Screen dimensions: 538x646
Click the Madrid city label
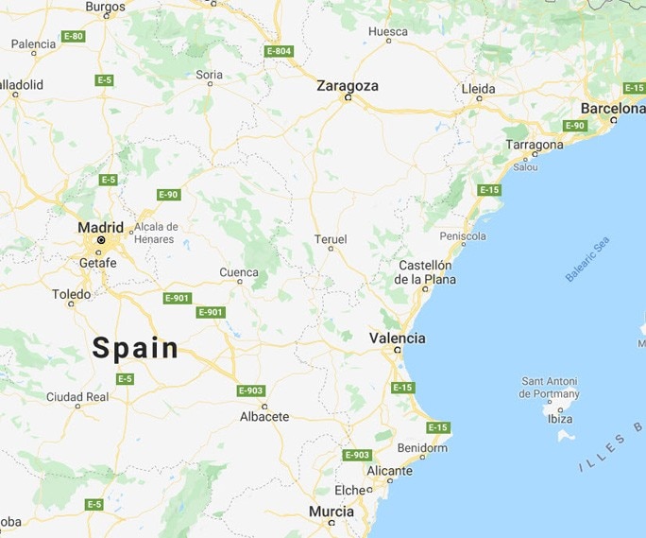(x=100, y=227)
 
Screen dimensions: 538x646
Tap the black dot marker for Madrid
(x=100, y=241)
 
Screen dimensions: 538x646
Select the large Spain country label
(x=135, y=348)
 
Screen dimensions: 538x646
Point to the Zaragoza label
(x=348, y=85)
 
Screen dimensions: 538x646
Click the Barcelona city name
(x=612, y=108)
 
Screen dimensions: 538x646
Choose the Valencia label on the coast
(x=397, y=338)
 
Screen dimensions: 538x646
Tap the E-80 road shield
(x=73, y=36)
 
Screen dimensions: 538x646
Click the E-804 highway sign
(x=279, y=50)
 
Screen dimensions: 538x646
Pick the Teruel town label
(x=331, y=239)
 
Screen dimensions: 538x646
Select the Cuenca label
(x=238, y=272)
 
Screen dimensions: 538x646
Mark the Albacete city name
(x=264, y=416)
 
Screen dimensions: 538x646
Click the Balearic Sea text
(x=588, y=259)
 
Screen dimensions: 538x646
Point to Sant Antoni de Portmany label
(x=551, y=388)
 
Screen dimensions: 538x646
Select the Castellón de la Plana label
(x=425, y=272)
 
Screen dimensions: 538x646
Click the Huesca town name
(x=387, y=31)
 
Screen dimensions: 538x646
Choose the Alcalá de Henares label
(x=156, y=233)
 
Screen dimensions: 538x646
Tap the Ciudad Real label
(x=77, y=397)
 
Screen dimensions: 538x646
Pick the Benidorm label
(x=422, y=447)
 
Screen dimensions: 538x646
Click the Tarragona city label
(x=535, y=145)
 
